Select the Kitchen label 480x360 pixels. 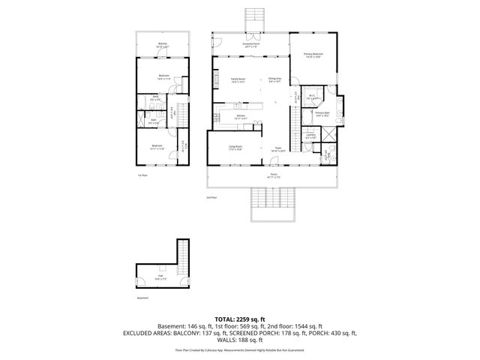(x=241, y=116)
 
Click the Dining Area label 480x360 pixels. (x=274, y=79)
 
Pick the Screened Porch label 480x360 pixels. (x=250, y=44)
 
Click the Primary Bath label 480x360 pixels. (x=323, y=114)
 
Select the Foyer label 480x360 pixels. (x=277, y=149)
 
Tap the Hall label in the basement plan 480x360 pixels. (x=161, y=277)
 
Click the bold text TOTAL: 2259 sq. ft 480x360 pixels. (x=240, y=319)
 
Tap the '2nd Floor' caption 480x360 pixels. (x=212, y=197)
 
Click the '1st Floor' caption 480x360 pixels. (x=142, y=175)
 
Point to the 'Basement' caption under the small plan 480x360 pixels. (x=142, y=298)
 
